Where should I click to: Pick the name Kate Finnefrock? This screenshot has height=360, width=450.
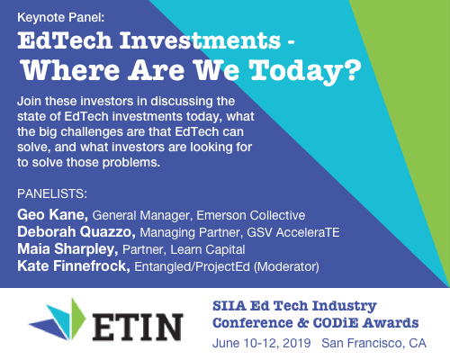pos(73,265)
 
